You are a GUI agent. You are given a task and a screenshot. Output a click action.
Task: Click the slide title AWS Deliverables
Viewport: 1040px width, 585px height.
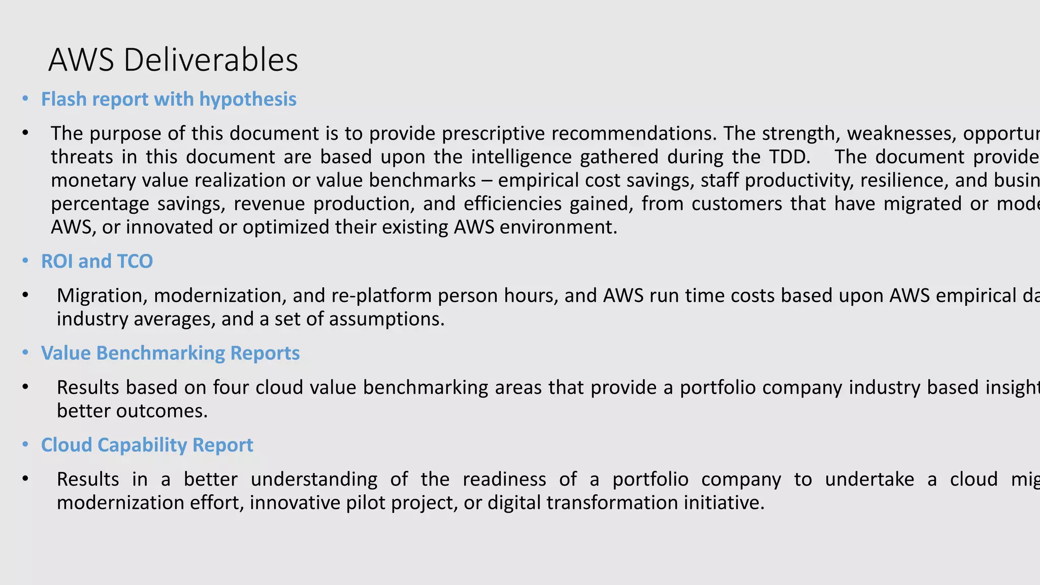coord(173,60)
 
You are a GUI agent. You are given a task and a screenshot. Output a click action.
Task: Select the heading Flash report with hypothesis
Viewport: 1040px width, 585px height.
coord(169,99)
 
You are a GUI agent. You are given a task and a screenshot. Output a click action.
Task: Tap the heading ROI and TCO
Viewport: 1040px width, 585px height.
coord(97,261)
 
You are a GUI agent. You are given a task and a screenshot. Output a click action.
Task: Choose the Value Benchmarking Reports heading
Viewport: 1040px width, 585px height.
coord(170,353)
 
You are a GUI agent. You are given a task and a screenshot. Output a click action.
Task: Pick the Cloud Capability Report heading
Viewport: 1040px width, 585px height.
coord(147,445)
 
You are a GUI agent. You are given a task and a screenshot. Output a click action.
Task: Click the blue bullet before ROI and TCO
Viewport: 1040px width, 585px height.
coord(25,261)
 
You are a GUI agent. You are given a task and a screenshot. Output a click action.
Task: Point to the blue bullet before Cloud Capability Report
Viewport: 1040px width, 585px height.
coord(25,445)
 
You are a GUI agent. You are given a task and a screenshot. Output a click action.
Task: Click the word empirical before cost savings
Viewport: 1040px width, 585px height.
coord(534,180)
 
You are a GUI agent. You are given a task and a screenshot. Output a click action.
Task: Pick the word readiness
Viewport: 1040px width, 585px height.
coord(504,479)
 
